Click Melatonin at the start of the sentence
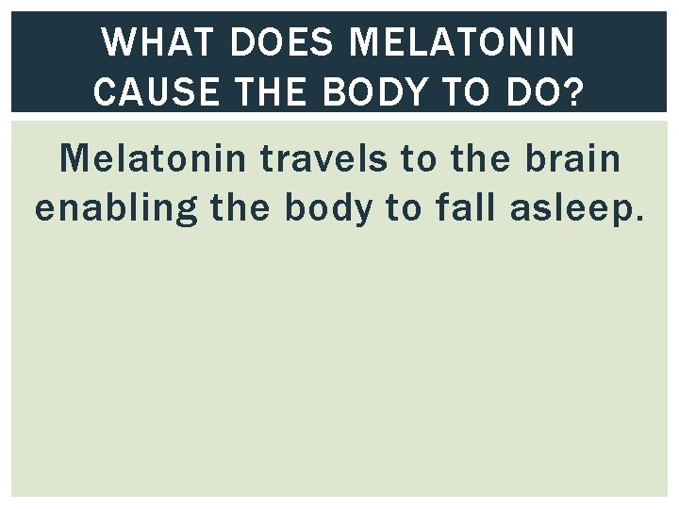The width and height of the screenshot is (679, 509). tap(155, 159)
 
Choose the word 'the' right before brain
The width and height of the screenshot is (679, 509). tap(484, 159)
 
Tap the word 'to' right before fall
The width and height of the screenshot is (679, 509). tap(404, 207)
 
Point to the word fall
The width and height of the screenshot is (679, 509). tap(469, 207)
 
